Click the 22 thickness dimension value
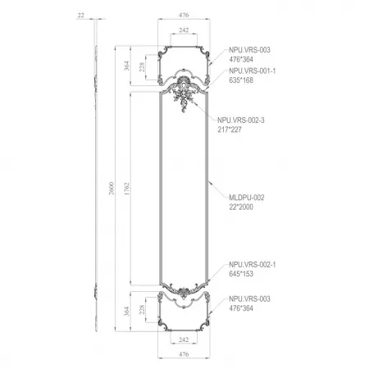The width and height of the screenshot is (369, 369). [x=80, y=16]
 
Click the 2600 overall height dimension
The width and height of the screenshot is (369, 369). [x=112, y=189]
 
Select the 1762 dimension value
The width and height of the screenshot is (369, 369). [x=126, y=189]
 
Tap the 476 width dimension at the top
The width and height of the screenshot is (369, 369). [x=184, y=15]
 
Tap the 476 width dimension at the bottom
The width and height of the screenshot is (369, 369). [x=184, y=354]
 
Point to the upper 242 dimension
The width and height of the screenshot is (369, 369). [x=184, y=30]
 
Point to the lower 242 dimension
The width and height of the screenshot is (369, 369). [x=184, y=339]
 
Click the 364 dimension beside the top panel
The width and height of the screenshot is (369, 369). [x=126, y=66]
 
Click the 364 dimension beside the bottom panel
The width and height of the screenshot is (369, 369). [x=126, y=311]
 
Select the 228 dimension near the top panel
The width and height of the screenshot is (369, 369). [x=142, y=67]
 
